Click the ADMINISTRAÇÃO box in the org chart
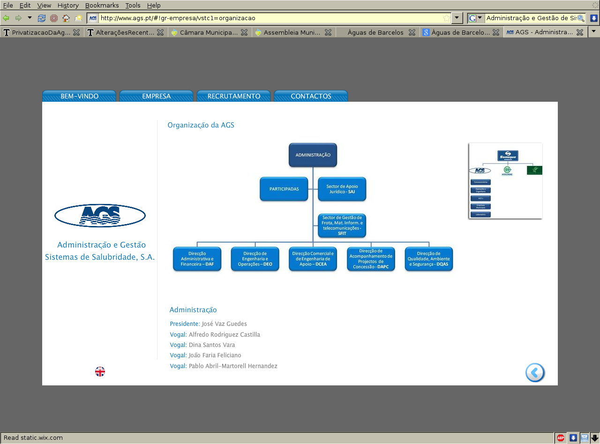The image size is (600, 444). tap(313, 155)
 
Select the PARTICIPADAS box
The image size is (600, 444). tap(284, 189)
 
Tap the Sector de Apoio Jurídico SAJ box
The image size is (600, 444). tap(342, 189)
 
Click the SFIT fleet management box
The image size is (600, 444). tap(342, 226)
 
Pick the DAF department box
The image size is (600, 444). tap(197, 259)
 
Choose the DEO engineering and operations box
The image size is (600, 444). tap(255, 259)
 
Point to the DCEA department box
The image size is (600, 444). tap(313, 259)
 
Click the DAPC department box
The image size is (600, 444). tap(371, 259)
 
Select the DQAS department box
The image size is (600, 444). tap(429, 259)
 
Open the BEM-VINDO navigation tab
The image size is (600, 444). tap(79, 96)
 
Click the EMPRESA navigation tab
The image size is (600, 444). tap(156, 96)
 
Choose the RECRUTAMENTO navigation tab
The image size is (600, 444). tap(233, 96)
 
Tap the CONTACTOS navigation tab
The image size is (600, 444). tap(311, 96)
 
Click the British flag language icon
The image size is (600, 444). tap(100, 372)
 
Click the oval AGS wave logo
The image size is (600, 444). tap(100, 216)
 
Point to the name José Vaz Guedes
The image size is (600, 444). tap(224, 324)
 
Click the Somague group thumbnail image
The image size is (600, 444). tap(505, 181)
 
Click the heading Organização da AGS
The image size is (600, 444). tap(201, 125)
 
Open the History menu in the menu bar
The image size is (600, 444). tap(68, 5)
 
